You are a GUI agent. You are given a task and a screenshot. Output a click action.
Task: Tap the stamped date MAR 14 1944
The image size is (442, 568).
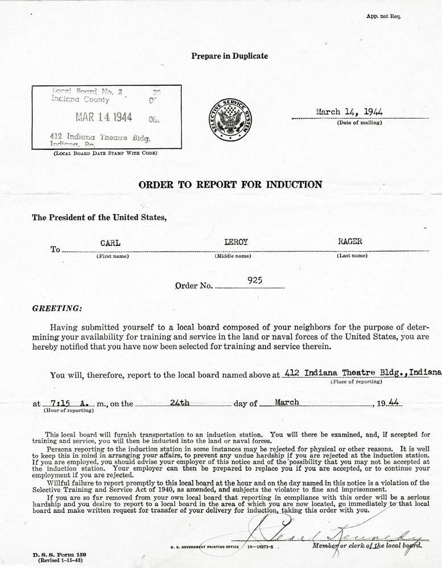(104, 117)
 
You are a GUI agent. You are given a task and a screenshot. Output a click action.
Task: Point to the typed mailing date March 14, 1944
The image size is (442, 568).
(349, 112)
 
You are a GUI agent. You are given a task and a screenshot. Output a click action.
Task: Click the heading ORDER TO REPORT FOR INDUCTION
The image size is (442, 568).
(230, 184)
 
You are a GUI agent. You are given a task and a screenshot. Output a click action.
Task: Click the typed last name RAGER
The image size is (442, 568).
(349, 242)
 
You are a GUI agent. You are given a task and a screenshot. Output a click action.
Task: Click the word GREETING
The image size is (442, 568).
(57, 308)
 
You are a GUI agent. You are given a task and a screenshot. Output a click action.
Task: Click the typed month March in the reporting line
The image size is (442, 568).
(287, 402)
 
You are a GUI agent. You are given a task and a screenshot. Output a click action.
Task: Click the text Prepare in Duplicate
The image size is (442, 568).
(229, 56)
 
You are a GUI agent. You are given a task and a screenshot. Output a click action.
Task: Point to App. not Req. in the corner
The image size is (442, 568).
(384, 16)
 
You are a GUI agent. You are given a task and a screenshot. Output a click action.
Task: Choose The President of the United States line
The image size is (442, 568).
(100, 217)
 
